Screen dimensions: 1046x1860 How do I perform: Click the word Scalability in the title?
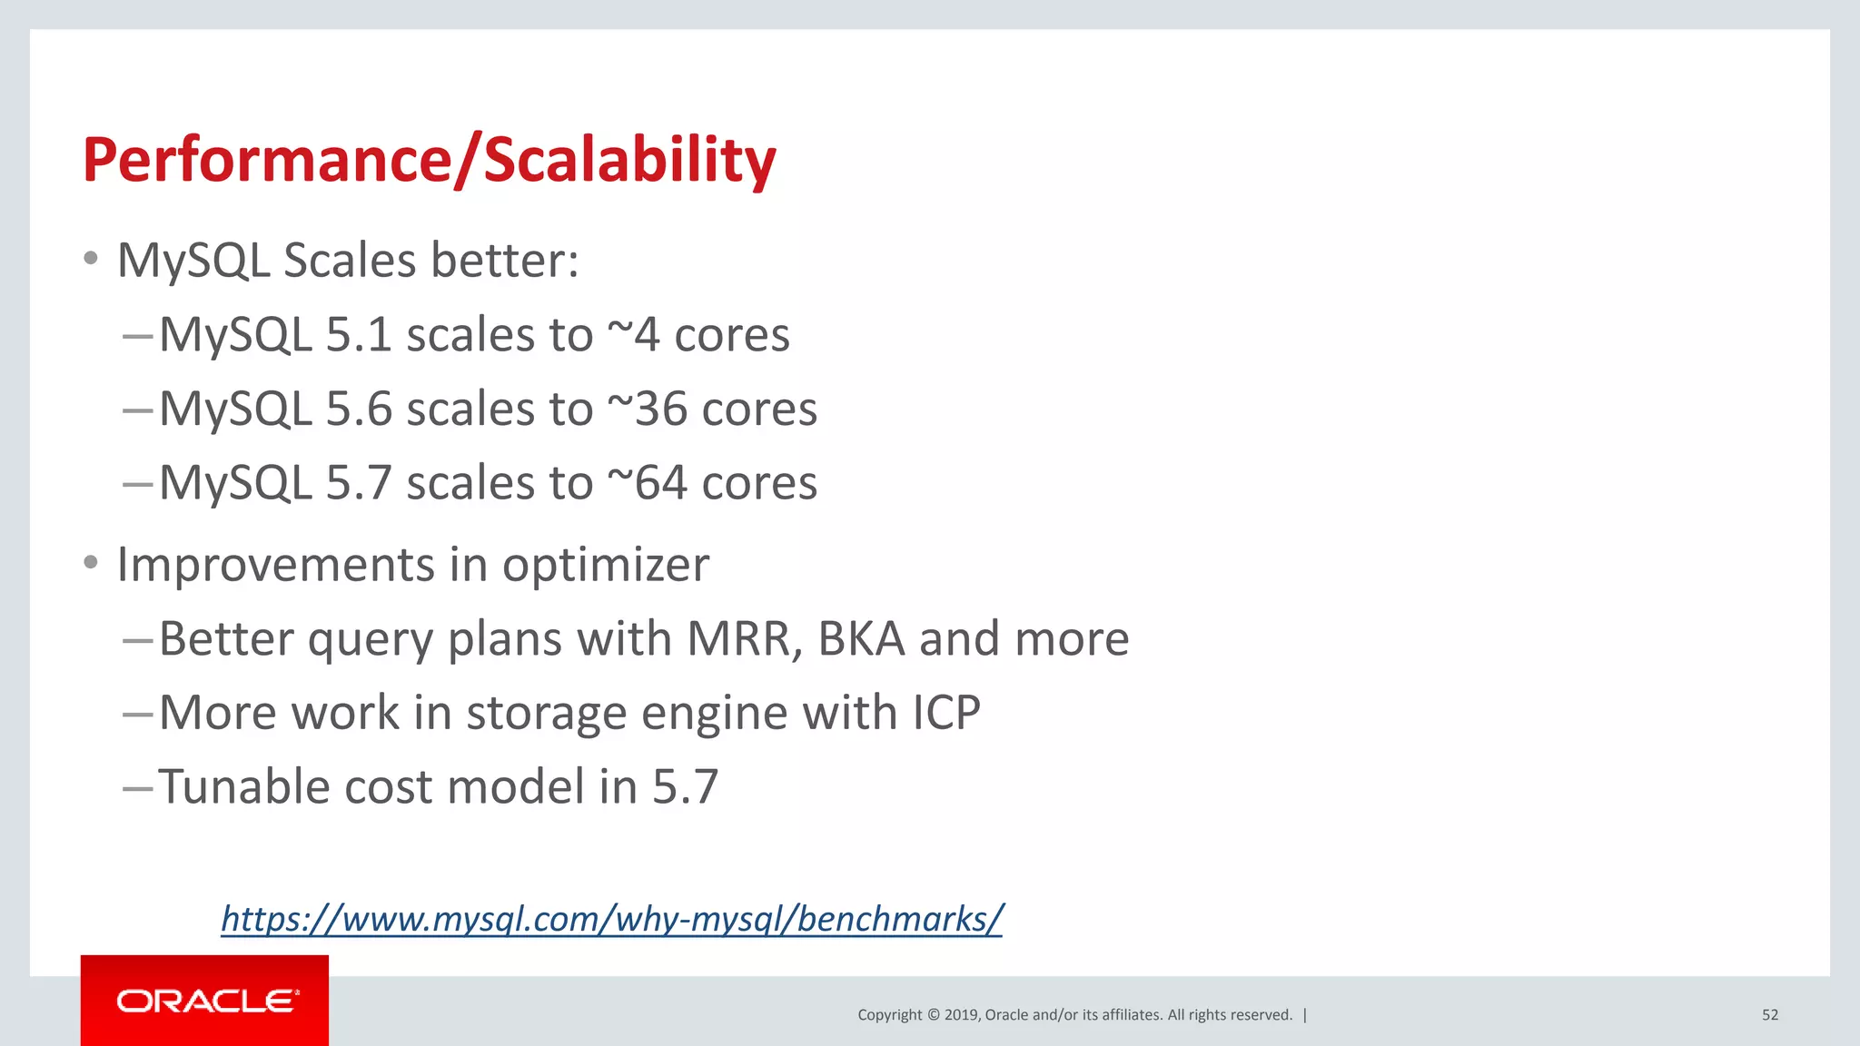[628, 160]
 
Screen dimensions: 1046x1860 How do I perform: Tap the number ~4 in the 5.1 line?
[633, 334]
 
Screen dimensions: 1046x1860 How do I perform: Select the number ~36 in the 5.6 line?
[647, 409]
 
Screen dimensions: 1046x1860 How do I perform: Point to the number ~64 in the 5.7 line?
[647, 482]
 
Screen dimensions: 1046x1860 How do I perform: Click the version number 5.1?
[358, 334]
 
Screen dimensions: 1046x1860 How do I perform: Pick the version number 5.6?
[358, 409]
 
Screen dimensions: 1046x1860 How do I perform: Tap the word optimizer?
[606, 565]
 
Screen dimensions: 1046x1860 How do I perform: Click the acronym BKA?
[861, 638]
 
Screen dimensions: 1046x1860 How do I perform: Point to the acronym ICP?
[945, 712]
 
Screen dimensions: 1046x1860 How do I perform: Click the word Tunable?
[243, 786]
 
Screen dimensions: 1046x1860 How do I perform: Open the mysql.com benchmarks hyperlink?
[611, 919]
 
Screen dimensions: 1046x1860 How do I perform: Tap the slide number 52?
[1769, 1015]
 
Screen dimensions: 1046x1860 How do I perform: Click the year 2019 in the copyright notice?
[960, 1015]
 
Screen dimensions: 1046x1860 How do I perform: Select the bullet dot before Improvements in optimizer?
[90, 563]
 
